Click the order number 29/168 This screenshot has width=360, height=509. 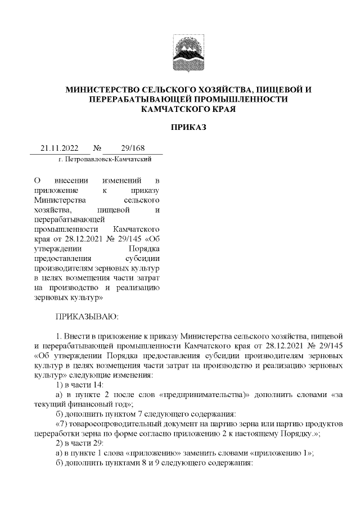pyautogui.click(x=133, y=148)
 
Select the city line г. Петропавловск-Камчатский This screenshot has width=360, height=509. pyautogui.click(x=105, y=160)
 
